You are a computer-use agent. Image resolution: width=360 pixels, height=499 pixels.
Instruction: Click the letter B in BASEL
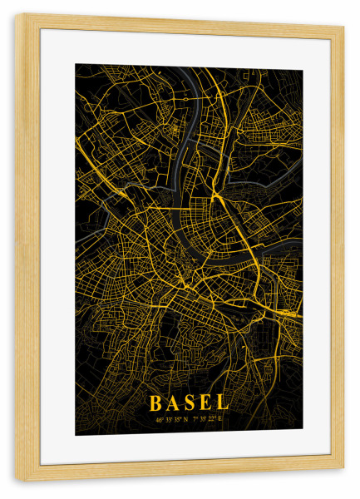[x=155, y=403]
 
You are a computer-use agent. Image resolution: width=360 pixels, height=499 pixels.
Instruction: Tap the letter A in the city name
[x=173, y=403]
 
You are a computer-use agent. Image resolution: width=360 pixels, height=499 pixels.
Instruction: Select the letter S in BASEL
[x=190, y=403]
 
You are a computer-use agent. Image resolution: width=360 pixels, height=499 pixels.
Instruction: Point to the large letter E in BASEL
[x=206, y=403]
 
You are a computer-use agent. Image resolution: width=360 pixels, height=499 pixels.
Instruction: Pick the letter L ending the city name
[x=222, y=403]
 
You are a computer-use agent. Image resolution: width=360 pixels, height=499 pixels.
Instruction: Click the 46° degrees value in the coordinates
[x=159, y=418]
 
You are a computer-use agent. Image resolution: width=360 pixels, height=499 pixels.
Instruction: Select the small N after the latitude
[x=187, y=418]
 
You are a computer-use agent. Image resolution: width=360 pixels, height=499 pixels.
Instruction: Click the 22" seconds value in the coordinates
[x=214, y=418]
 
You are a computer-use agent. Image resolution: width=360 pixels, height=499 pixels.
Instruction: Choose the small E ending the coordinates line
[x=223, y=418]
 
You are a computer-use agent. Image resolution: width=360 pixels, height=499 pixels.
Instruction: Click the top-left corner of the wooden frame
[x=17, y=15]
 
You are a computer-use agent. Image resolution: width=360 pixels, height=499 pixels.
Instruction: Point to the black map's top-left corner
[x=76, y=66]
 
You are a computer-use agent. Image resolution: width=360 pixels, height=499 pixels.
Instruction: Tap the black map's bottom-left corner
[x=76, y=435]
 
